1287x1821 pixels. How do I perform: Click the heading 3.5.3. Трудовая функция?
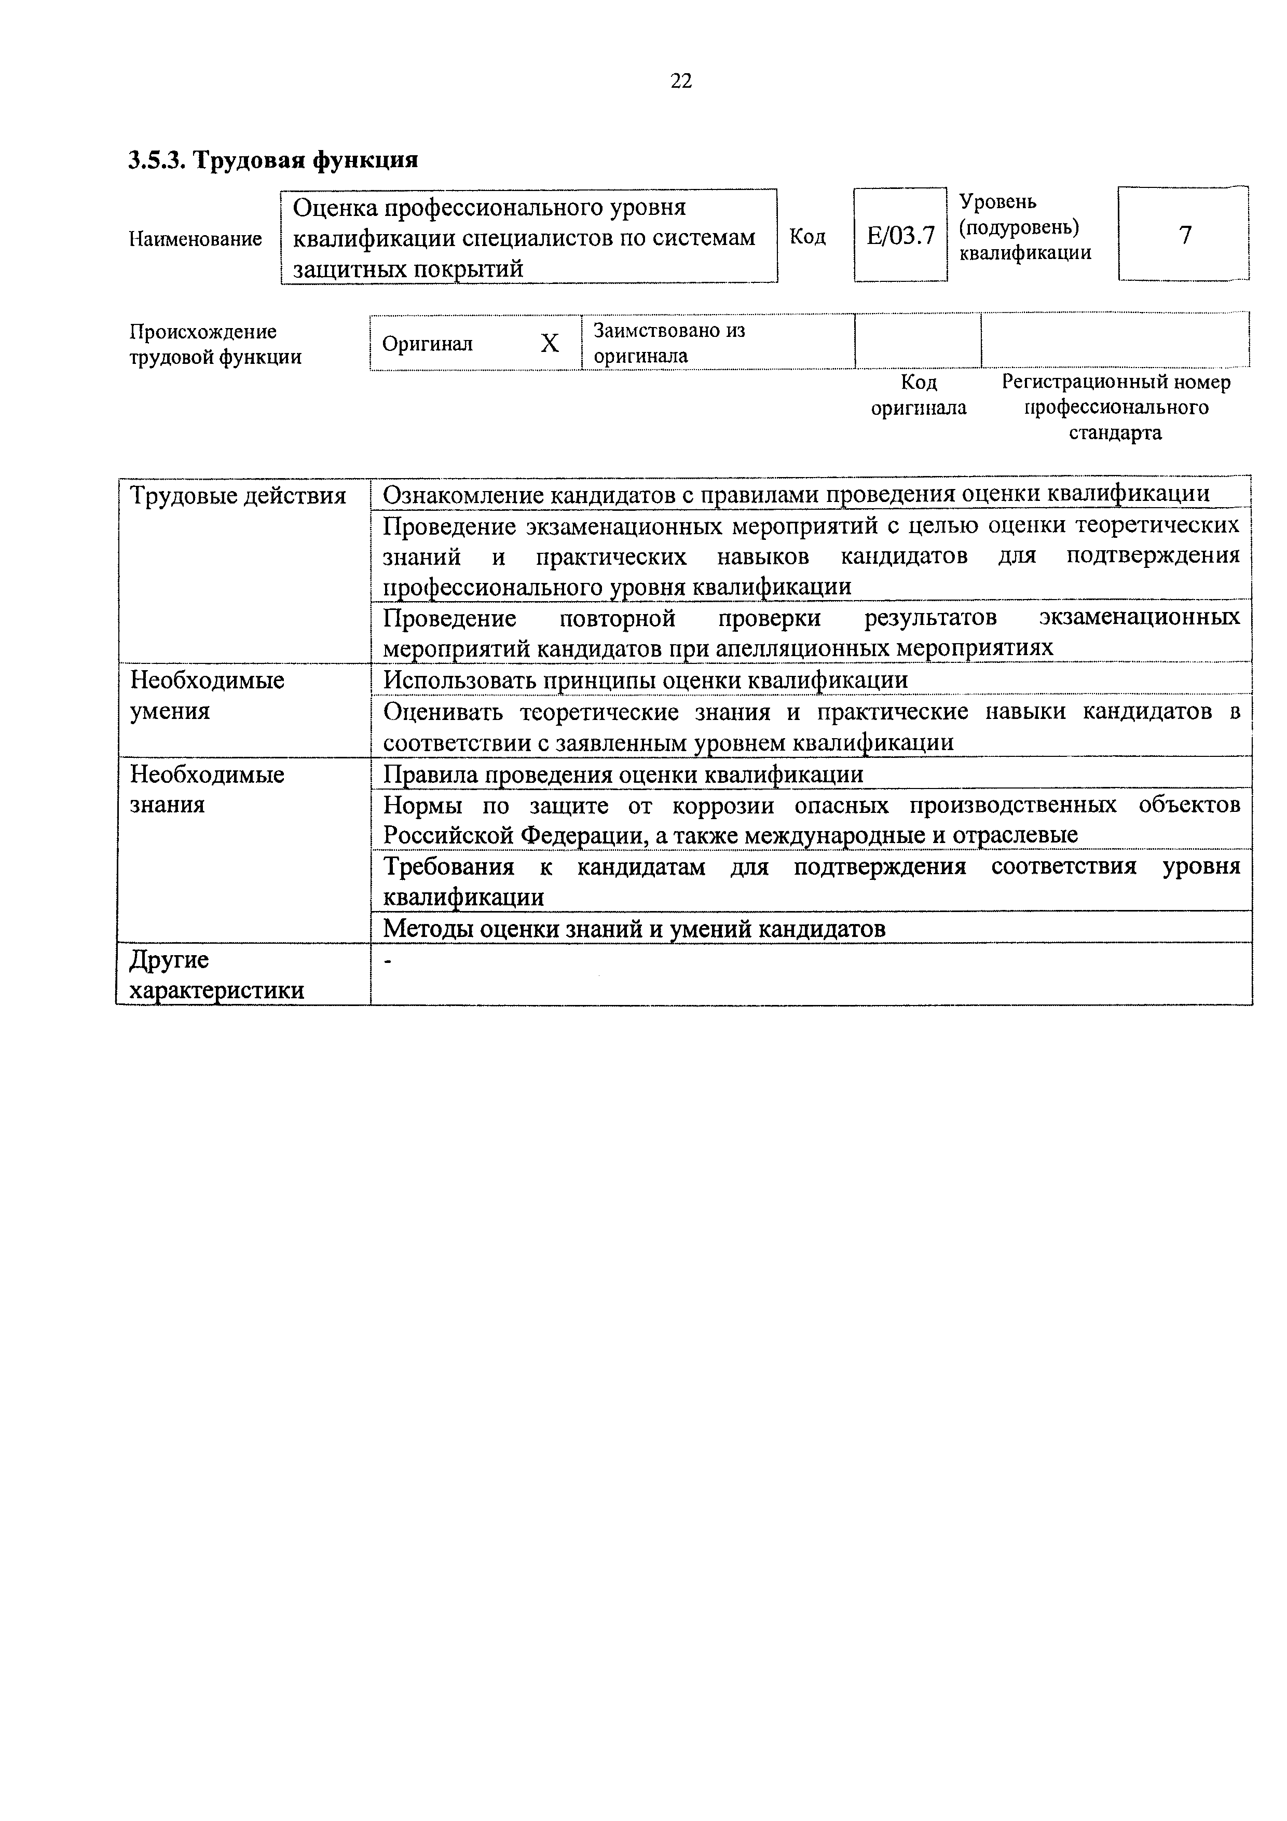tap(273, 160)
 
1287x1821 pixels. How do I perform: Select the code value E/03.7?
tap(900, 236)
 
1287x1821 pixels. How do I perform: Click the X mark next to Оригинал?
tap(550, 344)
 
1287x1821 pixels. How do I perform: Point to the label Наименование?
tap(195, 239)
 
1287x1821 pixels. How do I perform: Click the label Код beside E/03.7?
tap(807, 236)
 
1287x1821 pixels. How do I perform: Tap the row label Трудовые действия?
tap(238, 496)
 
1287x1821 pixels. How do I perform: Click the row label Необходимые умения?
tap(207, 696)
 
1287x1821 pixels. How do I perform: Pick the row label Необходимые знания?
tap(207, 789)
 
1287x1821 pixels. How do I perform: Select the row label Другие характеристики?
tap(216, 975)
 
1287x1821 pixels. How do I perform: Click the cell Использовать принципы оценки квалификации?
tap(646, 681)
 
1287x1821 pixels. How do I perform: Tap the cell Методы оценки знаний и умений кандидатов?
tap(634, 928)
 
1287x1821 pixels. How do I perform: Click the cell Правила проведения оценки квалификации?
tap(623, 774)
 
